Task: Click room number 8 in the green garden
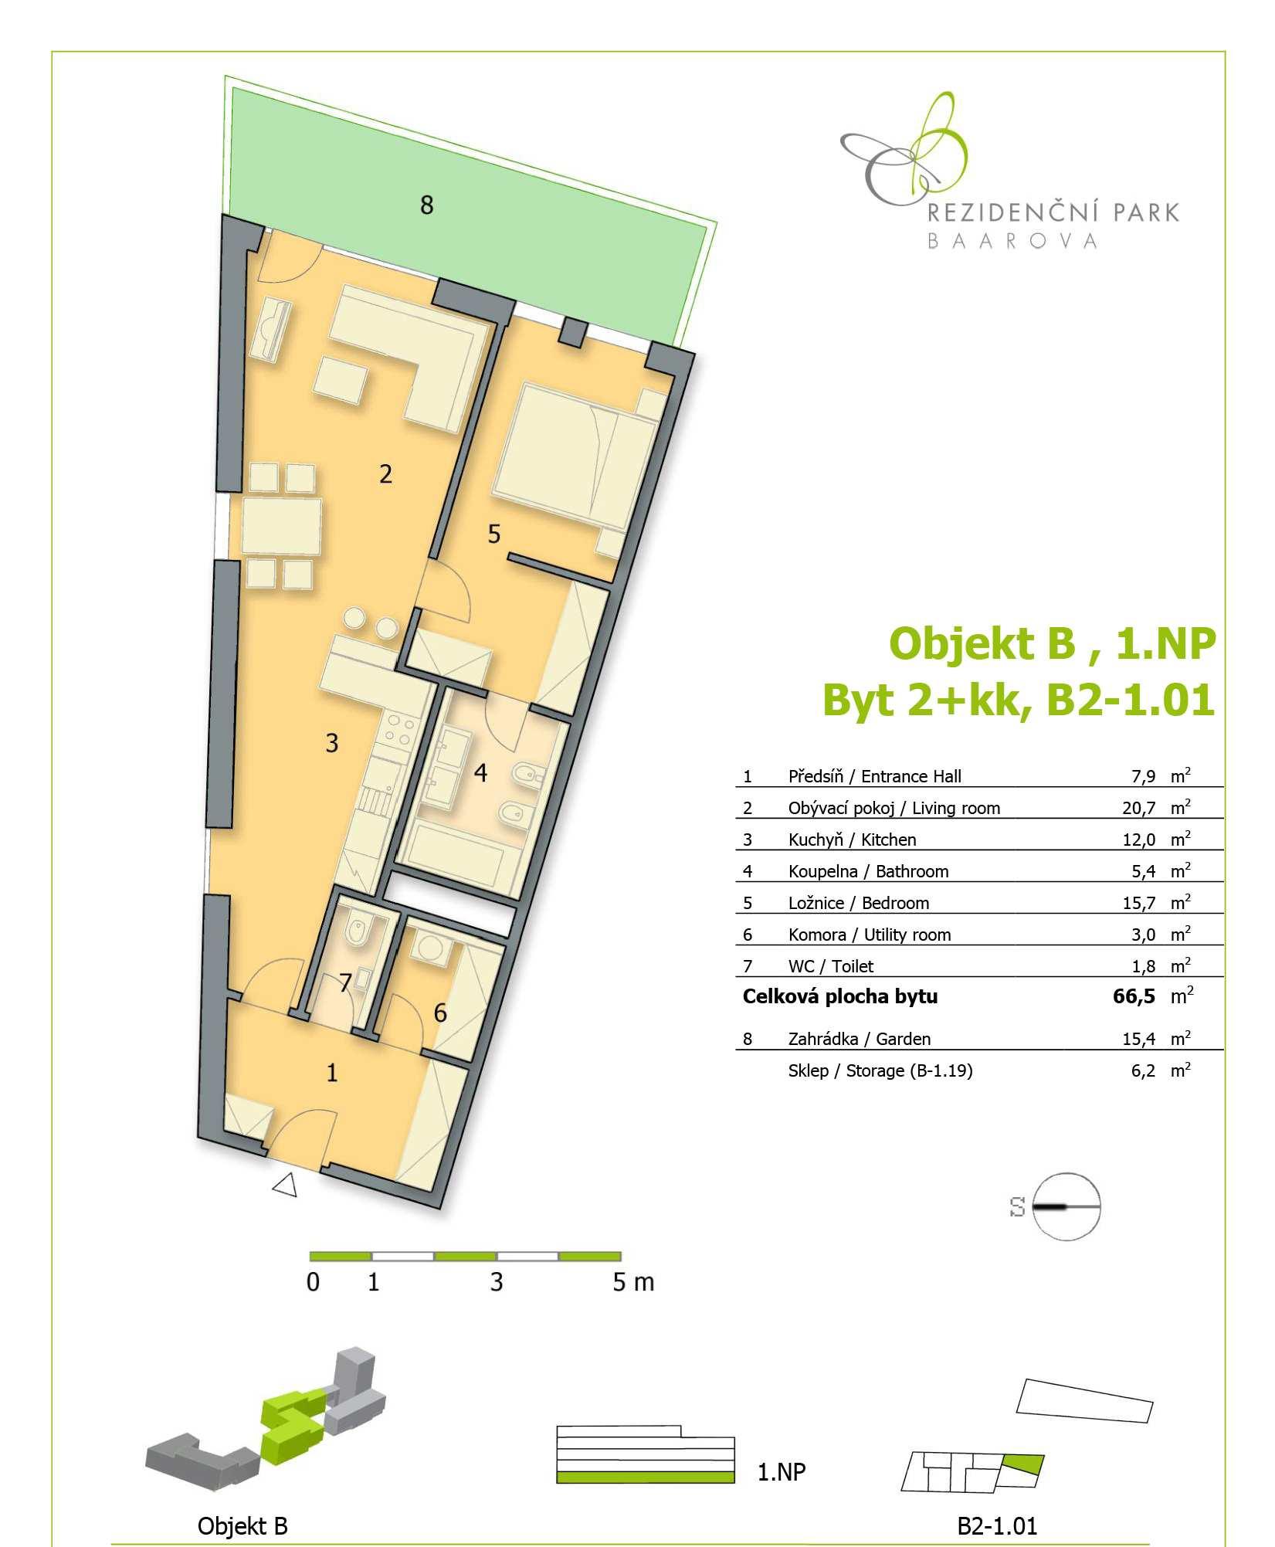pyautogui.click(x=426, y=205)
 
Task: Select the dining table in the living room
pyautogui.click(x=282, y=525)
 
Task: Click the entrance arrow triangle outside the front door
pyautogui.click(x=286, y=1184)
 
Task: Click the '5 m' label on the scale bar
pyautogui.click(x=633, y=1283)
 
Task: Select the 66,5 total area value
pyautogui.click(x=1134, y=996)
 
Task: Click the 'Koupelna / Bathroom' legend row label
pyautogui.click(x=868, y=871)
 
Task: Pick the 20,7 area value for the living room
pyautogui.click(x=1139, y=808)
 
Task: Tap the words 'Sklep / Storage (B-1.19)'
pyautogui.click(x=880, y=1070)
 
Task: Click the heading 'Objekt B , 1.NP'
pyautogui.click(x=1053, y=643)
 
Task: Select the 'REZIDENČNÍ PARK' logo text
pyautogui.click(x=1053, y=212)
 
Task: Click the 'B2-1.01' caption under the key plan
pyautogui.click(x=998, y=1526)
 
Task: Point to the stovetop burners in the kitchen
pyautogui.click(x=399, y=730)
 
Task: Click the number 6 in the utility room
pyautogui.click(x=440, y=1013)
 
